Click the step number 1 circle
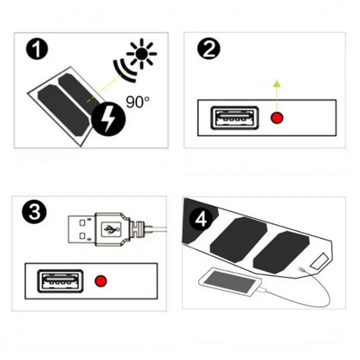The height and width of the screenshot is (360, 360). pos(37,48)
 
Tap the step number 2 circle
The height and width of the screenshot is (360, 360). pos(209,48)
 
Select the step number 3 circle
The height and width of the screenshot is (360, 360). pos(34,213)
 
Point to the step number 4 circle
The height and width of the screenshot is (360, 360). pos(201,220)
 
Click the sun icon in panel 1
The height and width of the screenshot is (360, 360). pos(142,54)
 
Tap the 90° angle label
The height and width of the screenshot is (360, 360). pos(138,102)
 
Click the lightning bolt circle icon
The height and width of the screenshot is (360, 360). pos(108,119)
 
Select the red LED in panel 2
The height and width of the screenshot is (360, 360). pos(277,118)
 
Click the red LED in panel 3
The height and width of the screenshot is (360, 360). pos(100,280)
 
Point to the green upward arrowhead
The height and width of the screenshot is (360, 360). pos(277,84)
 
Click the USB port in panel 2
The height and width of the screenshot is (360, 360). pos(235,118)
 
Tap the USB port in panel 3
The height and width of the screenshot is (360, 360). pos(61,281)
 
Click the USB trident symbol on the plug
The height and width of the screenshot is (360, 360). pos(112,229)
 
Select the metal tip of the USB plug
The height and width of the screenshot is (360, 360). pos(81,229)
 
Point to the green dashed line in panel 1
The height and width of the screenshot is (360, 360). pos(106,86)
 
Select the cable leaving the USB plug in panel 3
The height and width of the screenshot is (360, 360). pos(158,230)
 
